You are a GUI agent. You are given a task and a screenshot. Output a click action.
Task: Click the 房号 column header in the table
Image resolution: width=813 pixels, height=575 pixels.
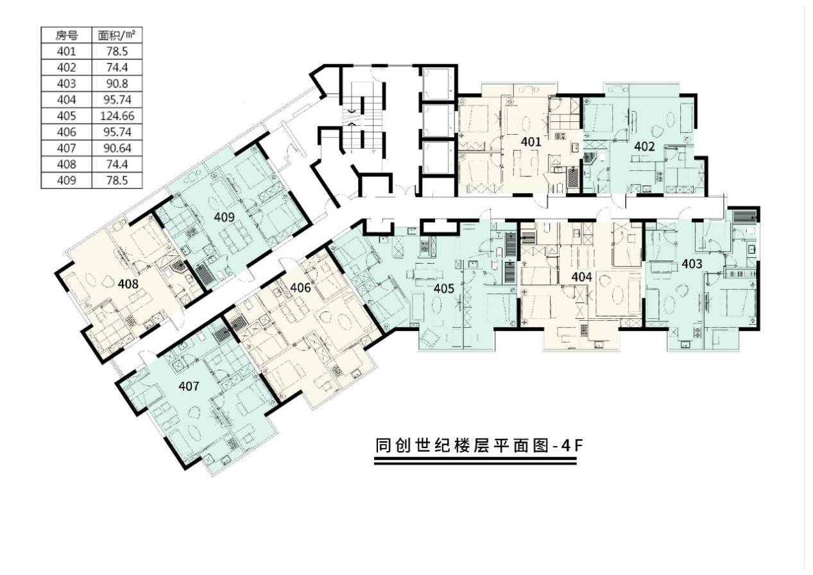[66, 35]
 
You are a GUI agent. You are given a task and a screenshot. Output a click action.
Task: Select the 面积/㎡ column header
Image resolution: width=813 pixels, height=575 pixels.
[116, 35]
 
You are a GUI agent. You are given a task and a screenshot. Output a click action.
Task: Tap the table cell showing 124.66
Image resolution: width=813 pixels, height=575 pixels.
[116, 116]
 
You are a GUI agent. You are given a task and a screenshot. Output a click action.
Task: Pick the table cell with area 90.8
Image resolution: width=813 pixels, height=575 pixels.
[116, 83]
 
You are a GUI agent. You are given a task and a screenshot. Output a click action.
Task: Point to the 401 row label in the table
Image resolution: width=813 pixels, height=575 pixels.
[66, 51]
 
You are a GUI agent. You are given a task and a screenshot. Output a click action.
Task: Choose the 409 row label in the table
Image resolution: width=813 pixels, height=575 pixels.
[66, 180]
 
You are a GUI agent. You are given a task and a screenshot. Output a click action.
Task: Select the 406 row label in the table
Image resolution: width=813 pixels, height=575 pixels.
[66, 132]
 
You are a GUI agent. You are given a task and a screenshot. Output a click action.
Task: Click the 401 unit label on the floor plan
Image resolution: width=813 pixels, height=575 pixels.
[531, 142]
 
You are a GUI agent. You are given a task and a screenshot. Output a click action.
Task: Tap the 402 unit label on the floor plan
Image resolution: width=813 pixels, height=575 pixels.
[644, 146]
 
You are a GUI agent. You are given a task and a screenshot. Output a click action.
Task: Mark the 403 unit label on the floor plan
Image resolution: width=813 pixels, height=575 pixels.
[692, 263]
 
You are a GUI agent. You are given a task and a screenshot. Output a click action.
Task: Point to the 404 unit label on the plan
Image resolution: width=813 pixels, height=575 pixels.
[581, 276]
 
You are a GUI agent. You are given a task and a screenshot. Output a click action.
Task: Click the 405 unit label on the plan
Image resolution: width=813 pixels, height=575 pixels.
[444, 288]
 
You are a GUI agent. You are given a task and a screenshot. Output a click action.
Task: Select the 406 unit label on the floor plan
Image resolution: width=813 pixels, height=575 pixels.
[300, 287]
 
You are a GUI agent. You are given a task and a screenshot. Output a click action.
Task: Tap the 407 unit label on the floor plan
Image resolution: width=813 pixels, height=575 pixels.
[189, 386]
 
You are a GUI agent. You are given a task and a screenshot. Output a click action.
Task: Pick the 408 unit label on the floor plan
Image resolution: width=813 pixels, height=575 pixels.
[128, 282]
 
